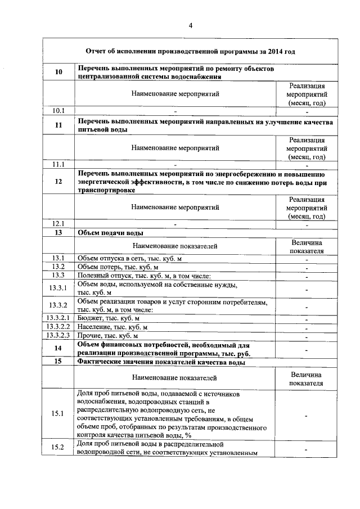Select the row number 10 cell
click(x=58, y=72)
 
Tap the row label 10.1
click(x=58, y=110)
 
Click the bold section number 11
click(x=58, y=125)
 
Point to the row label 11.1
click(x=58, y=165)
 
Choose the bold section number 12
click(x=58, y=182)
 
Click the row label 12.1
click(x=58, y=223)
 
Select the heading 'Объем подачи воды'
click(x=110, y=232)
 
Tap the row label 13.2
click(x=58, y=266)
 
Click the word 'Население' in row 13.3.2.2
click(x=94, y=326)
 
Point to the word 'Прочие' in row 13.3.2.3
click(x=89, y=335)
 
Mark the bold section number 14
click(x=58, y=348)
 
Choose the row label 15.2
click(x=58, y=447)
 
